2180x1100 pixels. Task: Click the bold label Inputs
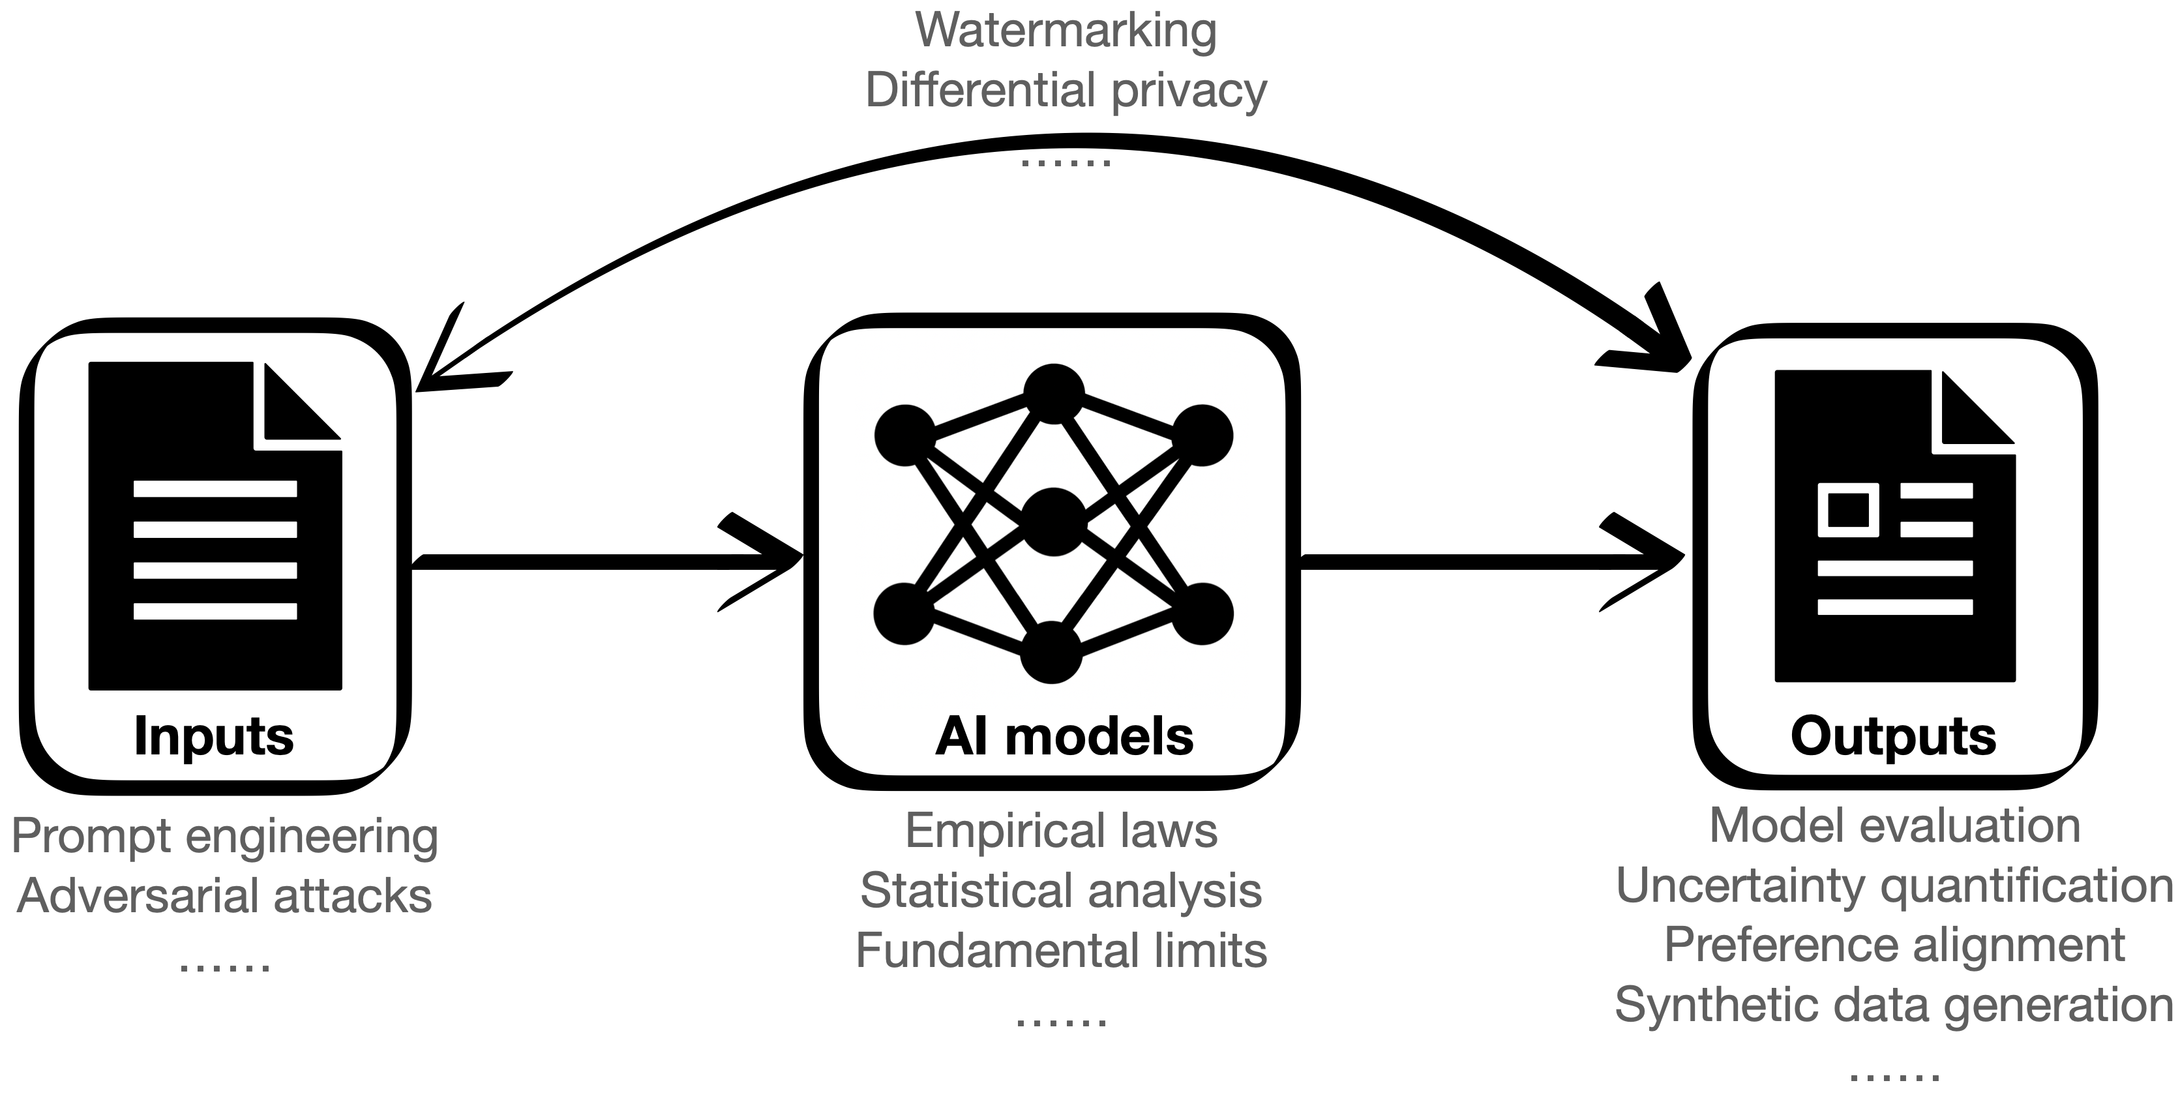tap(213, 736)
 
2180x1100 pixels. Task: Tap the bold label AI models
tap(1064, 736)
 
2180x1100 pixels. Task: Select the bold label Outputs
tap(1893, 736)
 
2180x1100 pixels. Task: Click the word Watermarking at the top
tap(1066, 31)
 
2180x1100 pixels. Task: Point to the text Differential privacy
tap(1066, 90)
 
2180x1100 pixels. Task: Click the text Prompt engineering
tap(224, 837)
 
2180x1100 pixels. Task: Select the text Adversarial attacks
tap(224, 895)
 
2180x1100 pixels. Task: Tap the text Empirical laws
tap(1061, 830)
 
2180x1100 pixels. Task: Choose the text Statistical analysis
tap(1061, 890)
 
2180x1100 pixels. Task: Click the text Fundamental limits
tap(1061, 950)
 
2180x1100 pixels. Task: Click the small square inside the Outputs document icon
tap(1848, 509)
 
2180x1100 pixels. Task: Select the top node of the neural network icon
tap(1054, 393)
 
